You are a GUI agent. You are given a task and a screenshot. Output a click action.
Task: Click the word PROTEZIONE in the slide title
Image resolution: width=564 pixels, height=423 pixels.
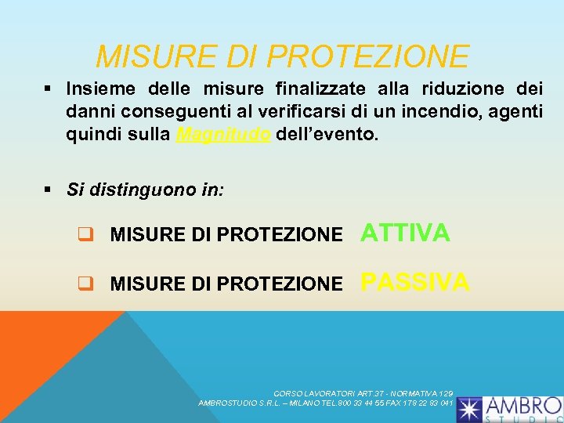[x=367, y=56]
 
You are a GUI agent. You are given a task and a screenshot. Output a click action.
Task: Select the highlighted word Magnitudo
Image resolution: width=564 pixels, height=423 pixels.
[x=224, y=135]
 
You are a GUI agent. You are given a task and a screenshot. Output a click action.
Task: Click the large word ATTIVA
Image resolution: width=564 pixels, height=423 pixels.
[x=405, y=233]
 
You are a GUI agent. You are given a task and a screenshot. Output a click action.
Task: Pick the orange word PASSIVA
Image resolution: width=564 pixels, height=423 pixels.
[x=415, y=281]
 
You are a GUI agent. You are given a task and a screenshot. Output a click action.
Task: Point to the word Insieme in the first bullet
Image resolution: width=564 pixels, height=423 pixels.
[x=99, y=88]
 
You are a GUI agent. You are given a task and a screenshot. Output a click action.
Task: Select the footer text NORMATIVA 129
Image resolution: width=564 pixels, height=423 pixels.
[x=422, y=392]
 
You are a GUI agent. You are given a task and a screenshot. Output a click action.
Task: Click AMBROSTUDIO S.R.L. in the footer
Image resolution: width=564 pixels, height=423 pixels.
[x=233, y=403]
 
